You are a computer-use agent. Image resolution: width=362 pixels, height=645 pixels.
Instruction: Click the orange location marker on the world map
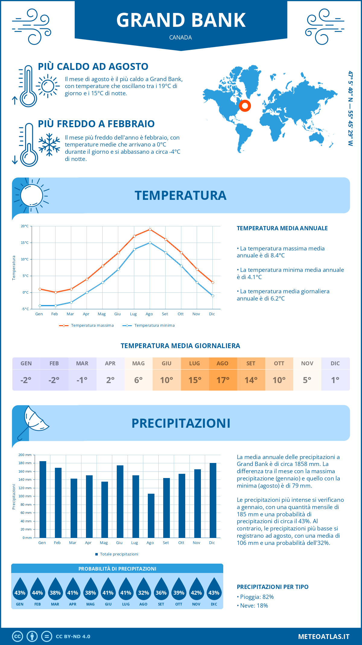click(x=245, y=106)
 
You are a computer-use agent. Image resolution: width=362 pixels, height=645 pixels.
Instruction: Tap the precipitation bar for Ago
click(x=151, y=515)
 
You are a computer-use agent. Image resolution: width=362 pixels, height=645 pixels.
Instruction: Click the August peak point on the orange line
click(x=150, y=229)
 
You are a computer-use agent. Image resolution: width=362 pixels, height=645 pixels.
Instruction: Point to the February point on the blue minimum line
click(x=56, y=306)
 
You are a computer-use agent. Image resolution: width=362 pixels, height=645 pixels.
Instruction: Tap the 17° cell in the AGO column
click(x=223, y=380)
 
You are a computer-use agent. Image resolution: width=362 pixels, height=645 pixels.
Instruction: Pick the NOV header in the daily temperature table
click(x=307, y=363)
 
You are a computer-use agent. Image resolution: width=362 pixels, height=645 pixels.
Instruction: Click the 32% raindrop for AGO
click(x=144, y=592)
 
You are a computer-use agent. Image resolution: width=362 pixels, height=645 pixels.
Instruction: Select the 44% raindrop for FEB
click(x=37, y=592)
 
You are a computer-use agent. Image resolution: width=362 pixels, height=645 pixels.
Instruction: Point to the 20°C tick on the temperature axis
click(x=25, y=226)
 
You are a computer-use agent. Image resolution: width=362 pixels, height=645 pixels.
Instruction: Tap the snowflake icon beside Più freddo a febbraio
click(x=49, y=145)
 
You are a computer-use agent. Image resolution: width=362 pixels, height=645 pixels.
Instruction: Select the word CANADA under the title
click(x=180, y=38)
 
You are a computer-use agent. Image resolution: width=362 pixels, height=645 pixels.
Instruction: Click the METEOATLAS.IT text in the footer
click(x=324, y=637)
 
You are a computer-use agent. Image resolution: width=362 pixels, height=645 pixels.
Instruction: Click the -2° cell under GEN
click(x=26, y=380)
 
